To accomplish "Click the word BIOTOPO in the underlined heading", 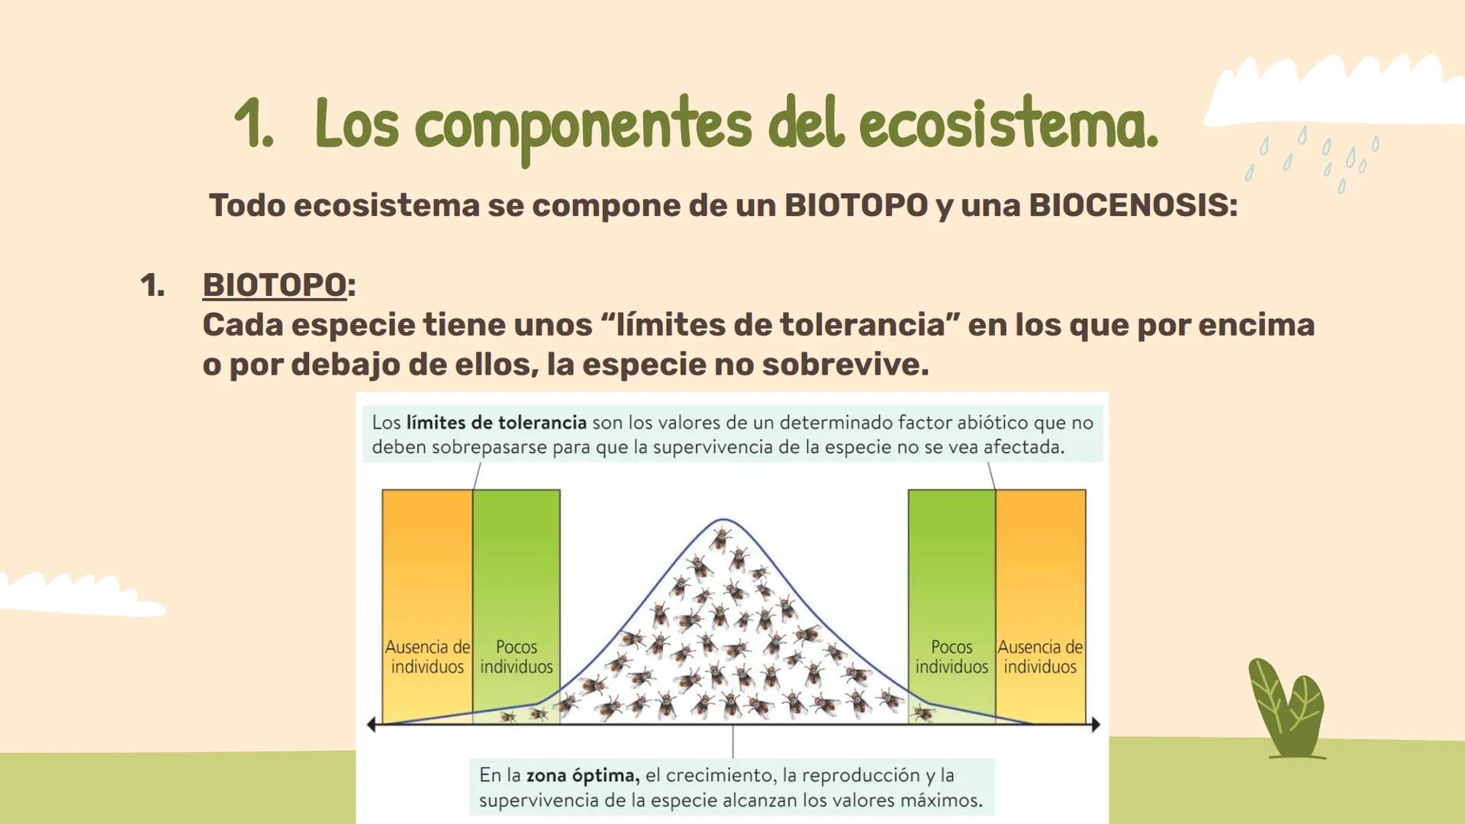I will [274, 285].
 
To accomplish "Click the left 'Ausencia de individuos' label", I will [427, 656].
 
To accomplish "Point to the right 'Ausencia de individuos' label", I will [1040, 656].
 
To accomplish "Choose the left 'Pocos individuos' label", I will [517, 656].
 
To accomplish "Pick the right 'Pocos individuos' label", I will [951, 656].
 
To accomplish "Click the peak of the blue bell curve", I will [723, 520].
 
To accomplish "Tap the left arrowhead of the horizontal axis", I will [372, 725].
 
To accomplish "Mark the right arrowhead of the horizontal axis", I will [1096, 725].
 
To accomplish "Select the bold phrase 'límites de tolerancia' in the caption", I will [496, 422].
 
